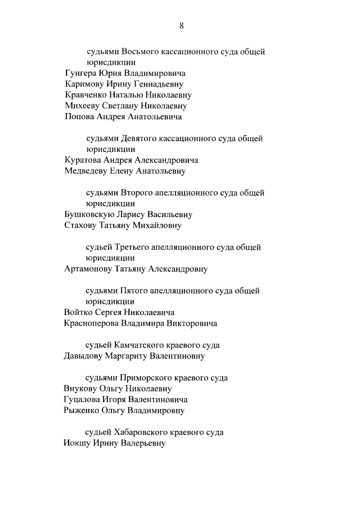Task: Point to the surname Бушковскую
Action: pyautogui.click(x=89, y=214)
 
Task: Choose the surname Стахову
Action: pyautogui.click(x=81, y=226)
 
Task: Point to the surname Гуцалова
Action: pyautogui.click(x=82, y=399)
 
